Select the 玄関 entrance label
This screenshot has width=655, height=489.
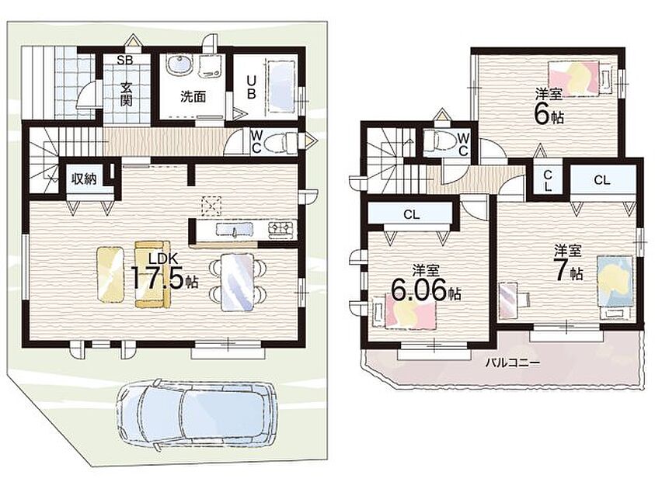126,94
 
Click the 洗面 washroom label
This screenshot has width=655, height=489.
193,97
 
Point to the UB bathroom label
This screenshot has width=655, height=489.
251,87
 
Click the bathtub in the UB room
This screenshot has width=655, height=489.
282,87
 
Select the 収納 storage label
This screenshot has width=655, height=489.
84,179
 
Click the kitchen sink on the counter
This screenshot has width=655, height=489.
235,230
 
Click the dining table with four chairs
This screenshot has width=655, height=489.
237,282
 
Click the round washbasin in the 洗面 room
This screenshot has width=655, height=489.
180,65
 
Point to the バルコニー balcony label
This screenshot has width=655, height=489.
512,362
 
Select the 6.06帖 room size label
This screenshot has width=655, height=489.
426,290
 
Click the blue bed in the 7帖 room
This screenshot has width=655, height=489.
615,287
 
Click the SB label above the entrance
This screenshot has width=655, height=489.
124,61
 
